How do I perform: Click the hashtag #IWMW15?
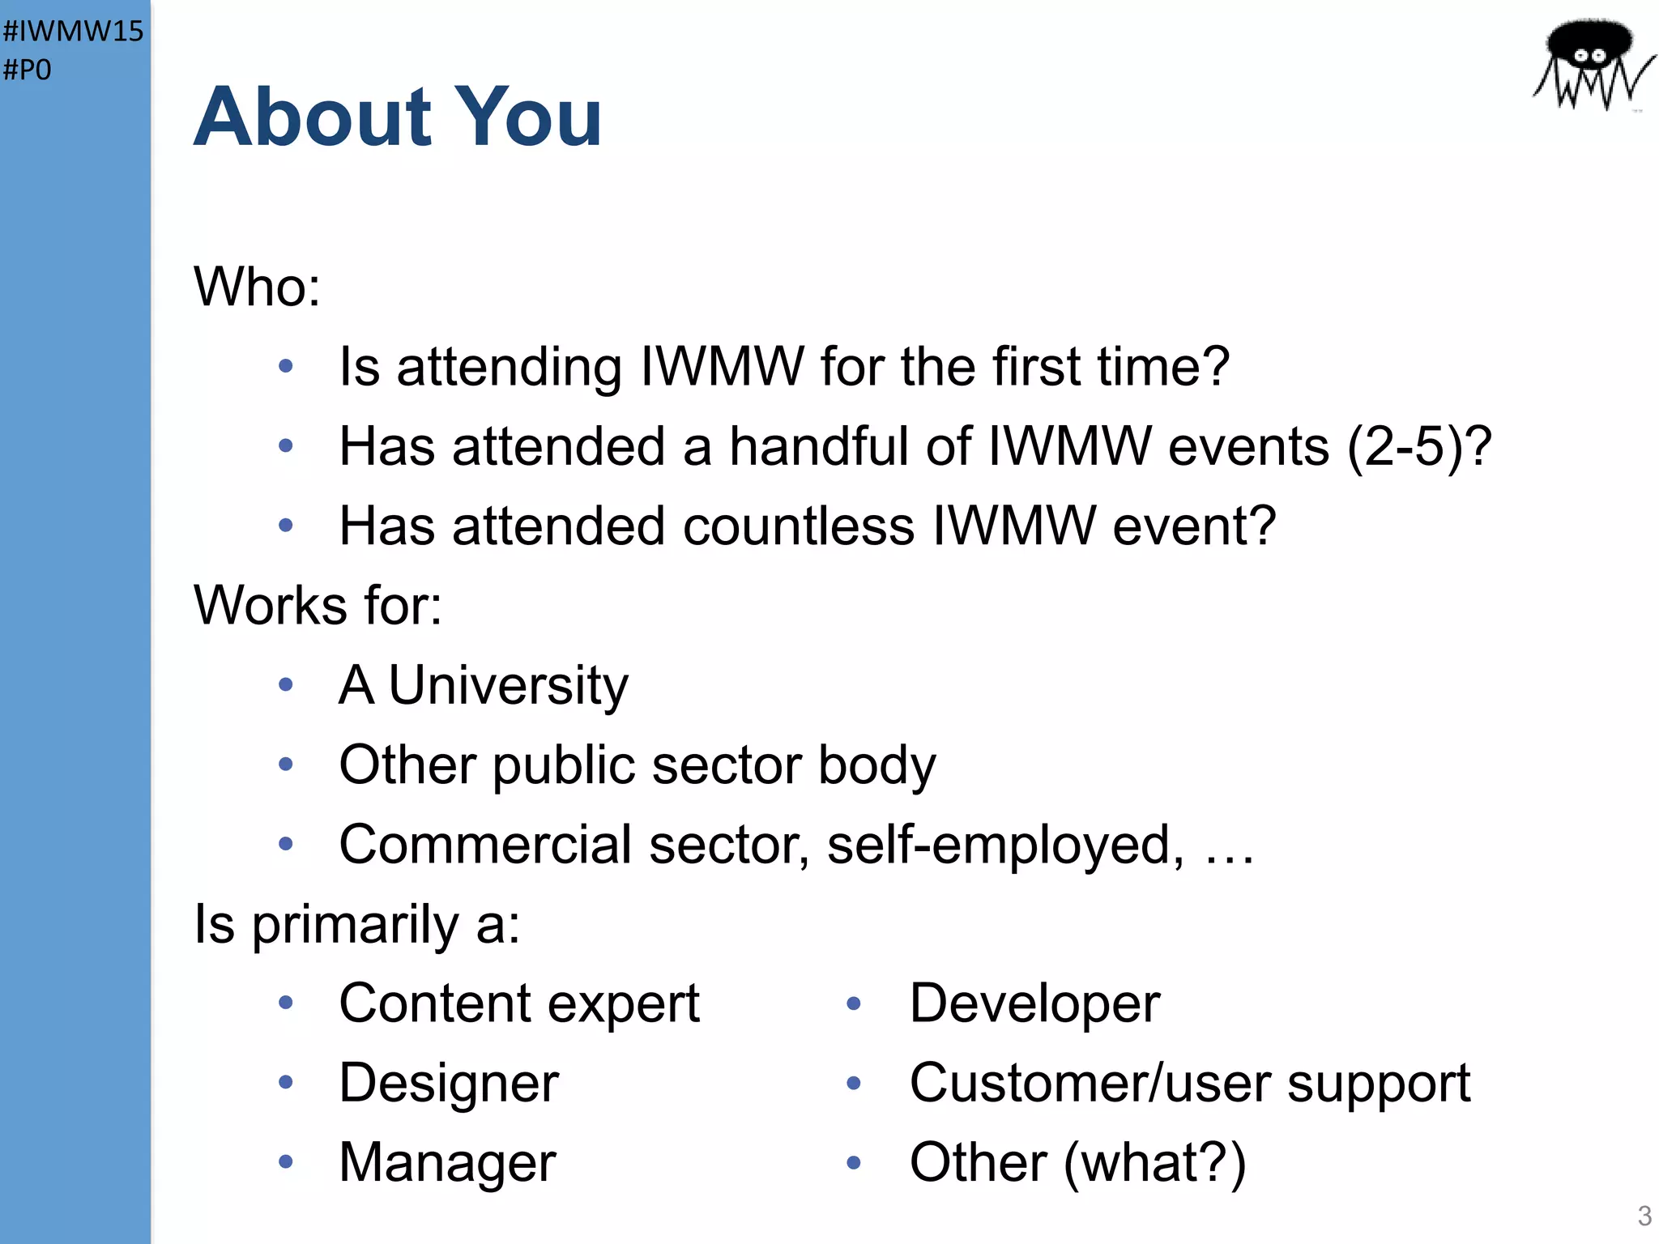click(x=73, y=31)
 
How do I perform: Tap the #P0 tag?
click(x=28, y=70)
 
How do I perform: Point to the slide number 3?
click(x=1644, y=1216)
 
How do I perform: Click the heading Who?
click(x=257, y=287)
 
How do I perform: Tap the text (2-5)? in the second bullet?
click(x=1418, y=446)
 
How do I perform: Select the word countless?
click(x=798, y=526)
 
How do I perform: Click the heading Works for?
click(x=318, y=605)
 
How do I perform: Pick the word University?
click(x=508, y=685)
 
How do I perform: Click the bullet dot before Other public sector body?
click(x=285, y=764)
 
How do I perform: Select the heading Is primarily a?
click(x=356, y=924)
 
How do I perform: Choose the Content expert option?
click(x=518, y=1003)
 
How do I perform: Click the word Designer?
click(x=449, y=1083)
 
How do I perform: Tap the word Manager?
click(x=447, y=1162)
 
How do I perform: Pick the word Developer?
click(x=1034, y=1003)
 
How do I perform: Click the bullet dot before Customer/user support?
click(x=853, y=1083)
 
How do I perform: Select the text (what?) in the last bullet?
click(x=1155, y=1162)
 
